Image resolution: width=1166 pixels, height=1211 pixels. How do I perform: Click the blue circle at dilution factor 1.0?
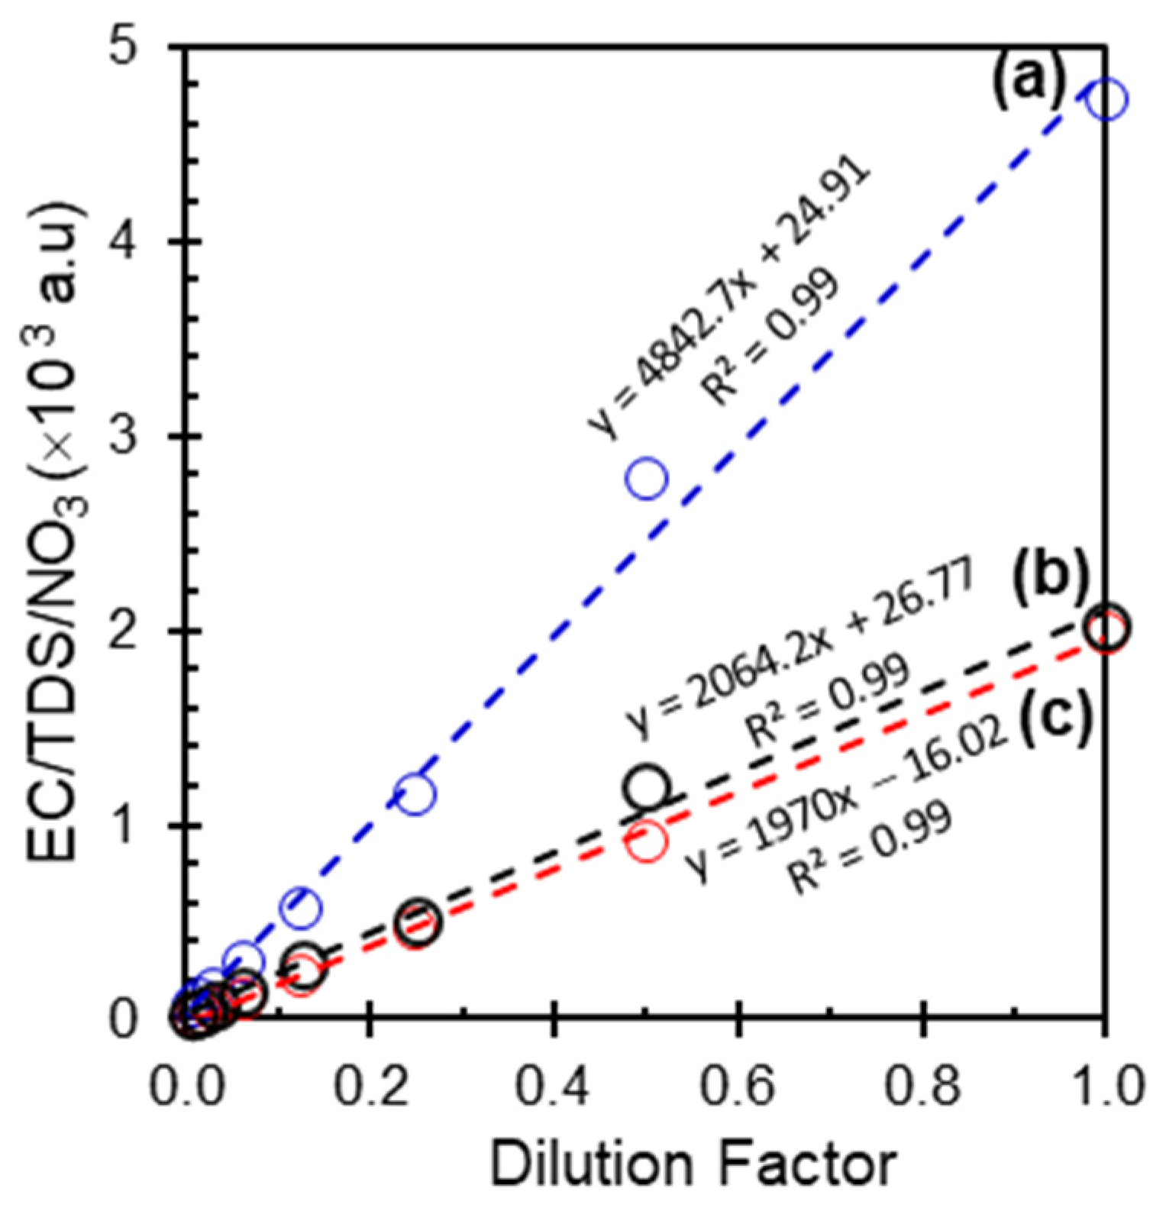pyautogui.click(x=1106, y=100)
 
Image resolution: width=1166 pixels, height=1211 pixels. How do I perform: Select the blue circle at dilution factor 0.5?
pyautogui.click(x=647, y=479)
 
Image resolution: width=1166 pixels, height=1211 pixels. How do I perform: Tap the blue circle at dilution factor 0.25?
pyautogui.click(x=416, y=794)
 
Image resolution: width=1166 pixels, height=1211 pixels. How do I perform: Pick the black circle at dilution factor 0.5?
pyautogui.click(x=647, y=786)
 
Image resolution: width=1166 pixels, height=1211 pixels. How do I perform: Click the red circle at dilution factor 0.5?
pyautogui.click(x=647, y=842)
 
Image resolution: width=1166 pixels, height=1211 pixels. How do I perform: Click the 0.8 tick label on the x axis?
pyautogui.click(x=923, y=1086)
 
